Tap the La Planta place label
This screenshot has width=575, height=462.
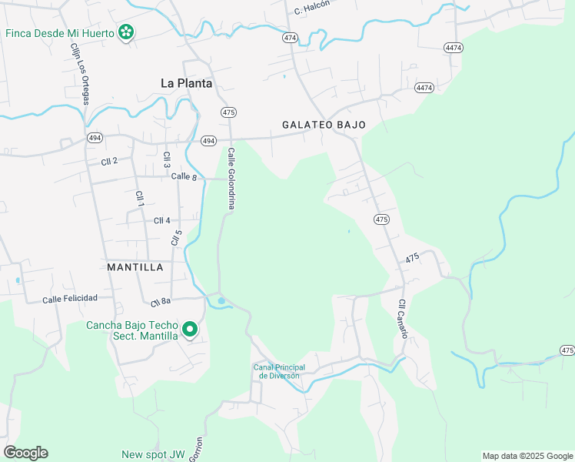click(x=186, y=83)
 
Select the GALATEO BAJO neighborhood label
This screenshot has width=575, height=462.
click(x=324, y=124)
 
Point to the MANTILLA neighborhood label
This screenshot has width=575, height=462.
click(x=135, y=267)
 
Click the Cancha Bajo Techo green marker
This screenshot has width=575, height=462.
click(x=189, y=330)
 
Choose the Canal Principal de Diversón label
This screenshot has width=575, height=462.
click(x=279, y=370)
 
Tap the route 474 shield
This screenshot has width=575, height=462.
click(x=290, y=37)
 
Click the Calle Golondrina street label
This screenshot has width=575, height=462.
click(x=231, y=179)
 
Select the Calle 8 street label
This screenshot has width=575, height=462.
click(x=184, y=176)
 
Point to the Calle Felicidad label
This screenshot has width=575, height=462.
click(x=70, y=299)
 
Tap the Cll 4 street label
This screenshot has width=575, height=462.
click(x=162, y=220)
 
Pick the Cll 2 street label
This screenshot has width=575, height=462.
click(x=109, y=161)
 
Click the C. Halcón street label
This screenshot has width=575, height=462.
click(x=311, y=8)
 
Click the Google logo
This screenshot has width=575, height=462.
click(x=25, y=452)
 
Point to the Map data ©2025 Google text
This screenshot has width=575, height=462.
click(x=527, y=456)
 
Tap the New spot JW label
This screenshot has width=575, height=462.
click(x=154, y=454)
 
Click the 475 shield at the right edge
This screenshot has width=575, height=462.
click(x=567, y=350)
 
